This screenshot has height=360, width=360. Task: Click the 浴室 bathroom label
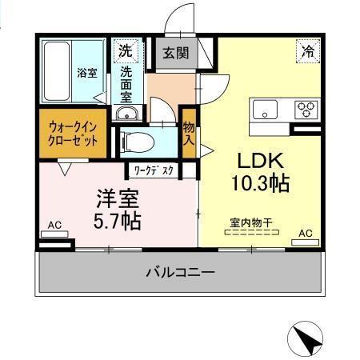pyautogui.click(x=86, y=73)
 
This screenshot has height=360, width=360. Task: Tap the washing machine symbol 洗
pyautogui.click(x=125, y=50)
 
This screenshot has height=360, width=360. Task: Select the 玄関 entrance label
pyautogui.click(x=176, y=54)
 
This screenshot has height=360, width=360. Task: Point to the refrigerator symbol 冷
pyautogui.click(x=308, y=50)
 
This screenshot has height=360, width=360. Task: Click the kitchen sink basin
pyautogui.click(x=265, y=108)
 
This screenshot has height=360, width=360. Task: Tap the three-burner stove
pyautogui.click(x=305, y=108)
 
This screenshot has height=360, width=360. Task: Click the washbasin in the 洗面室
pyautogui.click(x=126, y=115)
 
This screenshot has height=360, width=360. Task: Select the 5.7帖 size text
pyautogui.click(x=118, y=220)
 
